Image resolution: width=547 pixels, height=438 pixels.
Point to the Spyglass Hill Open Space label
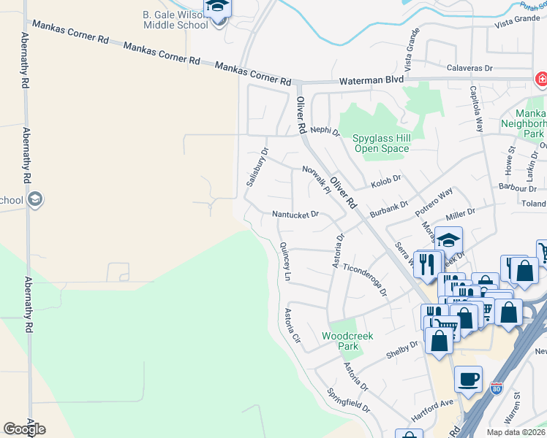(381, 143)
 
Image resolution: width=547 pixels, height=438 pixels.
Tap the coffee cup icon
(468, 380)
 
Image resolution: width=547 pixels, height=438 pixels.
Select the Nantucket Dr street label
(295, 215)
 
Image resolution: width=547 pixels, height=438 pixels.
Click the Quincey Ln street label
(285, 262)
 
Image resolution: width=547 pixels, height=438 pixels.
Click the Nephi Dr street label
(325, 132)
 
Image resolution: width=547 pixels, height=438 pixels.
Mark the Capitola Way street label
(476, 109)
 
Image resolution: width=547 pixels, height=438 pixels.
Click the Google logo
(24, 429)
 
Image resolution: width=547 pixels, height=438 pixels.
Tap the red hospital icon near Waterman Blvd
(540, 78)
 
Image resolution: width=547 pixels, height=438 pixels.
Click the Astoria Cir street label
(293, 326)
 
